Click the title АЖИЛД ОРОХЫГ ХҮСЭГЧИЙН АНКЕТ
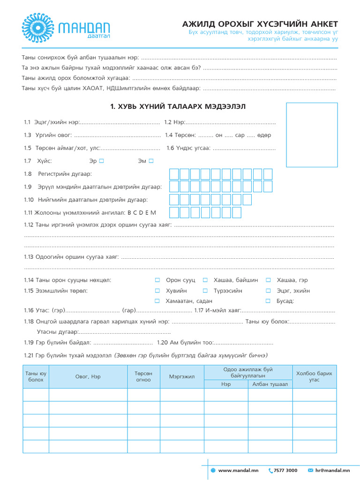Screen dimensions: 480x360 click(260, 24)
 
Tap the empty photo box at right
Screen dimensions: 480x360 click(312, 135)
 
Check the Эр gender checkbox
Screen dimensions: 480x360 click(101, 161)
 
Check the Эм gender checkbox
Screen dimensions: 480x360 click(151, 161)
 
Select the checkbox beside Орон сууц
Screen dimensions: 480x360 click(157, 280)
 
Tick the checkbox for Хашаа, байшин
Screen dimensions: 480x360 click(205, 280)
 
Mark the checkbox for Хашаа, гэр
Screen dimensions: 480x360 click(268, 280)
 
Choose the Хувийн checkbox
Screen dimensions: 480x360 click(157, 291)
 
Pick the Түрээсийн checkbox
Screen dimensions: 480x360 click(205, 291)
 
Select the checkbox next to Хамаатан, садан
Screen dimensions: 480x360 click(157, 301)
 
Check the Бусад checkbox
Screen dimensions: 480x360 click(268, 301)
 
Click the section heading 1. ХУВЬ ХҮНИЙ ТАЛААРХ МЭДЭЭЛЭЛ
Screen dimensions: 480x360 click(178, 107)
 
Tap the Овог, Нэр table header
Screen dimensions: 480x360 click(88, 376)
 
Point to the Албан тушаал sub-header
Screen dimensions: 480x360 click(270, 384)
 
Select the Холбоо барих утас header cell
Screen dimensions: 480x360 click(314, 376)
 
